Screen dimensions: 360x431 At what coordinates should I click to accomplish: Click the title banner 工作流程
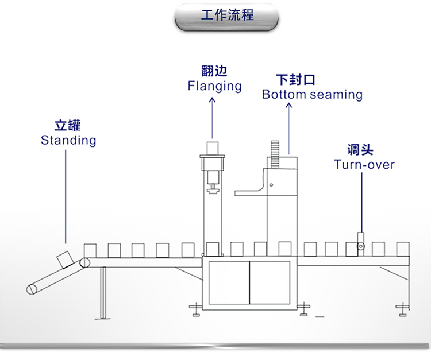point(226,16)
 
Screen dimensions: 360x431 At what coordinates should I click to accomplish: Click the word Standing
point(68,140)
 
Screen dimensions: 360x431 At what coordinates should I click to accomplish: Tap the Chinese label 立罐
point(68,125)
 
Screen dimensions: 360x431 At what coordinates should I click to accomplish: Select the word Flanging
point(214,86)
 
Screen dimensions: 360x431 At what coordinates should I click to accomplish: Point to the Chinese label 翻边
point(214,71)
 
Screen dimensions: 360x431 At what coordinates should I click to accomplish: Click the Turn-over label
point(364,165)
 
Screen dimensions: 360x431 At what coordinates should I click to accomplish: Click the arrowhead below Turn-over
point(362,176)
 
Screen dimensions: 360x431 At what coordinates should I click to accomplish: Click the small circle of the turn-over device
point(361,247)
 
